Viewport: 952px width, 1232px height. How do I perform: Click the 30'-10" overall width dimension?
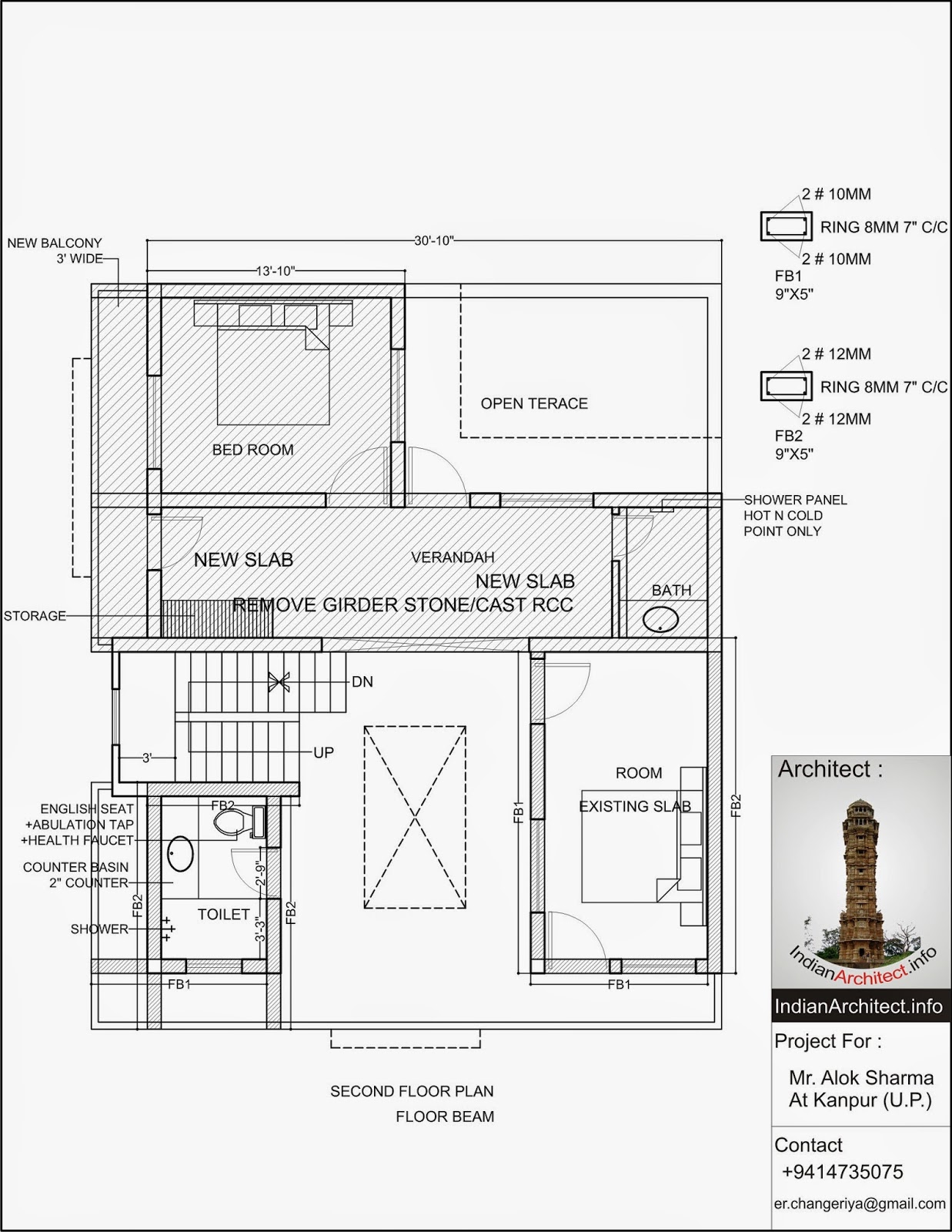tap(433, 240)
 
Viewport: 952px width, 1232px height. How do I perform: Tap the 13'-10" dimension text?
tap(276, 271)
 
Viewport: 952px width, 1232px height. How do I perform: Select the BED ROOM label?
tap(252, 450)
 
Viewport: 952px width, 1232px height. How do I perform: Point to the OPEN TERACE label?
tap(534, 403)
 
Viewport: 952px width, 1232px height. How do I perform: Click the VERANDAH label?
tap(453, 557)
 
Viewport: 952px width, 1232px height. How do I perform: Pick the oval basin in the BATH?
tap(661, 619)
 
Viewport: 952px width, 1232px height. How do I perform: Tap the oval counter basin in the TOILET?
tap(181, 854)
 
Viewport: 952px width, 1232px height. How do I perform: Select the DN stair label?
tap(362, 681)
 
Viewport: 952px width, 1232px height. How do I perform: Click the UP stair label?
tap(323, 752)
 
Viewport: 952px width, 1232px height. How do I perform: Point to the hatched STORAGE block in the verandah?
tap(217, 618)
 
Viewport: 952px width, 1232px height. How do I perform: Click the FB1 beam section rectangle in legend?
tap(786, 226)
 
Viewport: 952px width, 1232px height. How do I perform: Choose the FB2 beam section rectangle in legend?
tap(786, 386)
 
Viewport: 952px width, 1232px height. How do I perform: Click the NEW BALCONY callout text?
tap(55, 250)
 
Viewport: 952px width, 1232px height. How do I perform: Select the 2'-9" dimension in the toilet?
tap(260, 874)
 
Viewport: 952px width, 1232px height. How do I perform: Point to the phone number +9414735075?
tap(842, 1171)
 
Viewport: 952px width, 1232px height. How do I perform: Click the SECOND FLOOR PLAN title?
tap(412, 1091)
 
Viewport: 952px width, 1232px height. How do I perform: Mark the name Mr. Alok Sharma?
tap(860, 1077)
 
